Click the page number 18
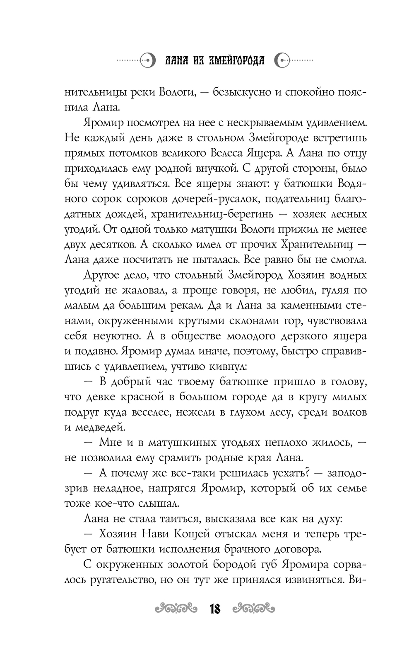[215, 609]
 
